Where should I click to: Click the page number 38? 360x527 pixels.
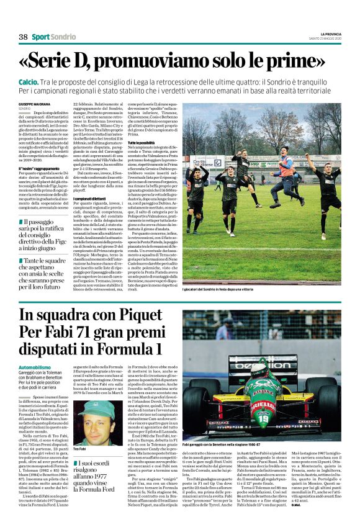[x=23, y=37]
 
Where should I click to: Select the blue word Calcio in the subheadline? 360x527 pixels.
[x=29, y=81]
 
